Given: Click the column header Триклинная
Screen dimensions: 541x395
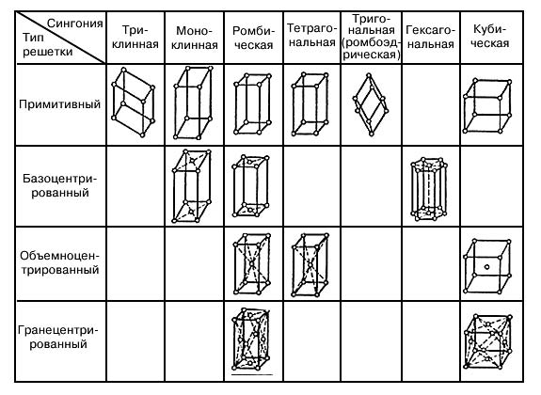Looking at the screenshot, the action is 135,38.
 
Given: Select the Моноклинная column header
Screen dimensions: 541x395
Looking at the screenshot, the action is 194,38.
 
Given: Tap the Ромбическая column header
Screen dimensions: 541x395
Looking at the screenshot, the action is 253,38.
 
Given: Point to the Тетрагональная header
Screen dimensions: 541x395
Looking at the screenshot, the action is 311,35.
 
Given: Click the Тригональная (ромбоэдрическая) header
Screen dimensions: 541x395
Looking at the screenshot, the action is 372,37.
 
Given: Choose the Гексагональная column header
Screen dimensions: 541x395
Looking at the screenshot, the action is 430,37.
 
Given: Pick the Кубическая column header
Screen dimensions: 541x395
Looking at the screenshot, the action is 489,36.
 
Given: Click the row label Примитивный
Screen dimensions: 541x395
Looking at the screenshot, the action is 59,104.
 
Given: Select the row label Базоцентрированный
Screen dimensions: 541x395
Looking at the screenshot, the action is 60,185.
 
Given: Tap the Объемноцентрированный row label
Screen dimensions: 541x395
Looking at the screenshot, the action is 59,262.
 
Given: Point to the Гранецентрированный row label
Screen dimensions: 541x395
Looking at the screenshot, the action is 58,337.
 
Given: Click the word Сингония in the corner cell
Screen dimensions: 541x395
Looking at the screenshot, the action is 75,24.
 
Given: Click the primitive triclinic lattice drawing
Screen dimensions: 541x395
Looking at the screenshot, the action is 134,103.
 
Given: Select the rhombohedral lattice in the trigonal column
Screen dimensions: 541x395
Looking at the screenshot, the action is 371,104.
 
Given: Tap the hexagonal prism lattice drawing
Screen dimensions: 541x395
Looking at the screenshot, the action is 429,189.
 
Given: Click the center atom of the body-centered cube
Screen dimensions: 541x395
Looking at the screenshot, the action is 486,267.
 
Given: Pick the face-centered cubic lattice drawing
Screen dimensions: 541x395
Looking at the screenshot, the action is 488,341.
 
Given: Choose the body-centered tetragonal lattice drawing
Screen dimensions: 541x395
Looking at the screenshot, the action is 310,264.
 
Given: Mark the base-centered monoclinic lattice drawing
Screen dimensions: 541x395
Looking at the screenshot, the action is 192,185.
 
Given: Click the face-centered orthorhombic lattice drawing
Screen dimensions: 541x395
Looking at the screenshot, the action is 251,339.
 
